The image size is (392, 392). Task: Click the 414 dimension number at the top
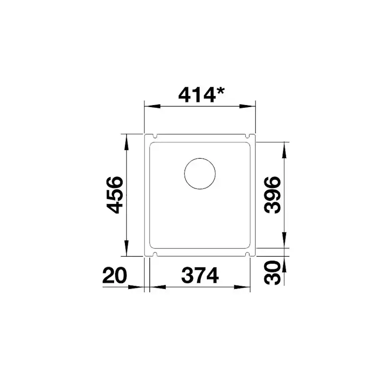(x=197, y=95)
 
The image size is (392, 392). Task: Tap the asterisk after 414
(x=221, y=91)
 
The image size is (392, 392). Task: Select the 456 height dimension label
(x=115, y=195)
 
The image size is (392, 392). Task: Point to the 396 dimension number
(x=272, y=195)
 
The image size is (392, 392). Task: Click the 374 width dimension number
(x=200, y=275)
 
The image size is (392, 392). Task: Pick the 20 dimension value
(x=115, y=275)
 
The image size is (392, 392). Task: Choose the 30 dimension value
(x=272, y=273)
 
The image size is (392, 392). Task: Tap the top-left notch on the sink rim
(x=154, y=136)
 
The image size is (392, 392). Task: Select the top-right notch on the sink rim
(x=248, y=136)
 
